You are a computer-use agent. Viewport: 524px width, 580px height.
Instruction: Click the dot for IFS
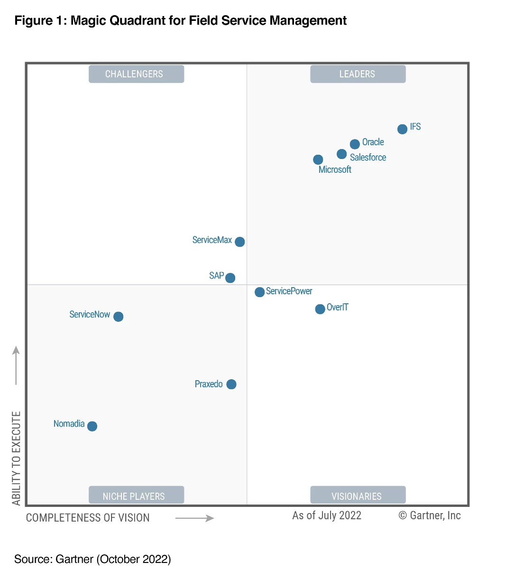402,129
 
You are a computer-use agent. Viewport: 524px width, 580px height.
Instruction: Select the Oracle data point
355,144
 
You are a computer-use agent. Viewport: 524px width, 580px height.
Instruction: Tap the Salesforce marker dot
341,154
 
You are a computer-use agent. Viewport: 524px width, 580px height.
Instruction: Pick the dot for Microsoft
318,160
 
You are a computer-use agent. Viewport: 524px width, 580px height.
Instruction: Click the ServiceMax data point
240,242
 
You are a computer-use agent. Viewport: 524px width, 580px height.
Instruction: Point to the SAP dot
230,278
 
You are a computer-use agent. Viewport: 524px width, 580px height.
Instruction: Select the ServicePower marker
259,292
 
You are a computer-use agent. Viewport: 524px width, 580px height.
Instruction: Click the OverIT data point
320,309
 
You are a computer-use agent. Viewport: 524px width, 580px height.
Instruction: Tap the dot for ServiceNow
119,317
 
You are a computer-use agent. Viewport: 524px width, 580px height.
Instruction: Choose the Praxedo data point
231,384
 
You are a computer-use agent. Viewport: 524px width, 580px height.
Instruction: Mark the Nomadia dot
92,426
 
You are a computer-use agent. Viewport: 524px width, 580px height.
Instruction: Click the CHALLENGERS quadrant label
136,74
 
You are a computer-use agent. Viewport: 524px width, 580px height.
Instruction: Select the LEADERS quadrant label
358,74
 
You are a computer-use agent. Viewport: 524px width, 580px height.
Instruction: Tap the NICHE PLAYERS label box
136,496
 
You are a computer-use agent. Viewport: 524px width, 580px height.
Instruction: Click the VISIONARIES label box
358,496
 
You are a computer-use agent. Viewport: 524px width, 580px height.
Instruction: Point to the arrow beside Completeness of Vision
194,518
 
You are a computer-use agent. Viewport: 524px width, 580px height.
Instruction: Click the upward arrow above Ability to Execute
16,365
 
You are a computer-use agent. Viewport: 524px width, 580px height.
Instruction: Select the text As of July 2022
327,515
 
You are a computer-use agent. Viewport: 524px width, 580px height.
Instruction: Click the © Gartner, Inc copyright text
430,515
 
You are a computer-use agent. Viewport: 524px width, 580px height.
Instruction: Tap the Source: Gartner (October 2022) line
92,559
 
